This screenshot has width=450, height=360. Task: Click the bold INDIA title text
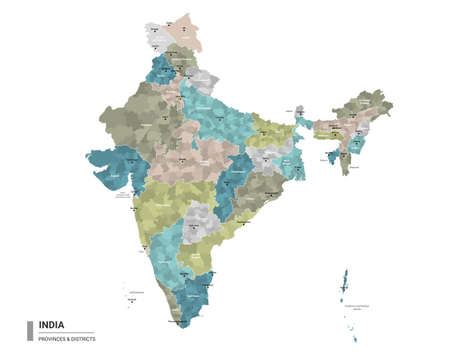click(53, 324)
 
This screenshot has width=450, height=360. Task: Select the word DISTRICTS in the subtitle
click(82, 337)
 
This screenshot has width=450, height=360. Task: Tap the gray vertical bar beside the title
click(30, 330)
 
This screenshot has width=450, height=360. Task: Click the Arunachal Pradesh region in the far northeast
click(370, 105)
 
